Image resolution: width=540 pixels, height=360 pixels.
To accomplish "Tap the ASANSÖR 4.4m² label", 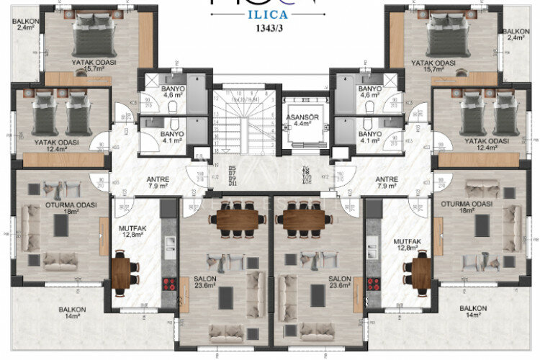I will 297,118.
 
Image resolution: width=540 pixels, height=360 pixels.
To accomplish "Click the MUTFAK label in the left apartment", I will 132,229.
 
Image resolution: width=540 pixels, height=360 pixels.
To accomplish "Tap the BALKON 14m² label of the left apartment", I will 73,312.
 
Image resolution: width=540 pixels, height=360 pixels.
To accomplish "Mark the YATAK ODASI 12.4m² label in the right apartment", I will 483,144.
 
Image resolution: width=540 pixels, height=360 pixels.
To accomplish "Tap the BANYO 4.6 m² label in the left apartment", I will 154,91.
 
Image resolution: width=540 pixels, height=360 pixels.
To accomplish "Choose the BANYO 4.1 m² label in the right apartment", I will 369,137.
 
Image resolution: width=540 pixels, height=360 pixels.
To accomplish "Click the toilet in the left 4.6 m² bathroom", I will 175,107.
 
